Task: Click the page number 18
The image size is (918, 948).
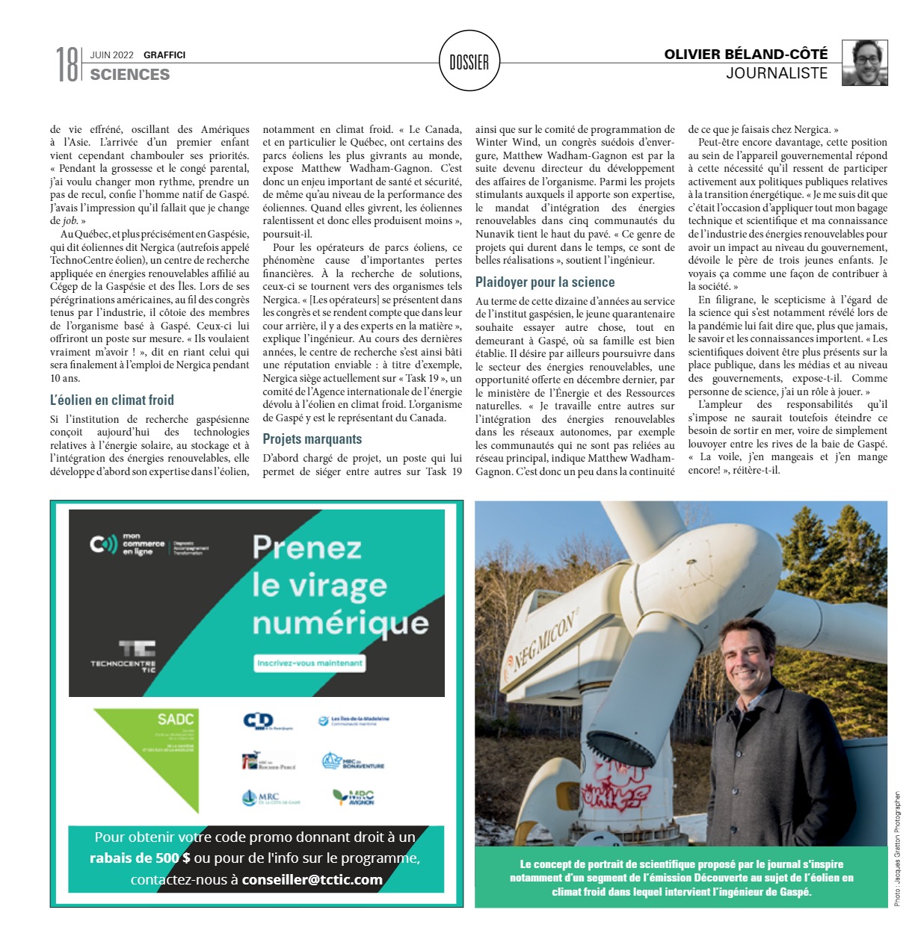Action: pos(67,63)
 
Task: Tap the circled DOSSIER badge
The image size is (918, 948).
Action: pos(469,62)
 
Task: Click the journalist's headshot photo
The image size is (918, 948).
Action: pos(865,63)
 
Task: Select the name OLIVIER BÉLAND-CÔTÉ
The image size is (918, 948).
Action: pos(745,54)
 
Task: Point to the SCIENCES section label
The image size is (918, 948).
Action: pos(130,75)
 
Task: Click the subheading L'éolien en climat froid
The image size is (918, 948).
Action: pos(112,400)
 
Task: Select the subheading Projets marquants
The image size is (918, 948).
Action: pos(312,439)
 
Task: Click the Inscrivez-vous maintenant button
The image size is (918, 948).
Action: pos(309,663)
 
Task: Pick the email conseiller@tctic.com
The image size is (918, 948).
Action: pos(312,879)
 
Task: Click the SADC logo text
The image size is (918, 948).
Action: pos(176,719)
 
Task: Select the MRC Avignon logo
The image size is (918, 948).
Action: pos(354,797)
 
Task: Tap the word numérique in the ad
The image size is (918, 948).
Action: pos(340,623)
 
